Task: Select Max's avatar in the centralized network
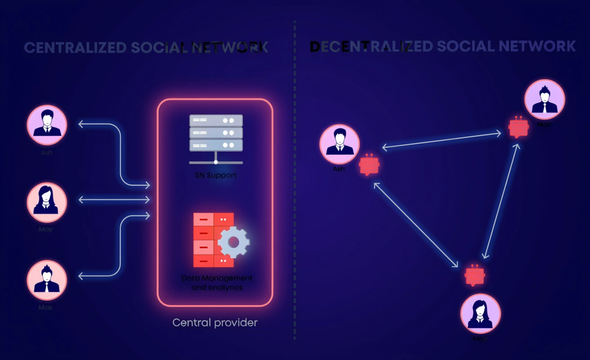tap(47, 280)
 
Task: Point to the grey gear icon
tap(233, 242)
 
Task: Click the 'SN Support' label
tap(216, 175)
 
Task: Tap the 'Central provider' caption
tap(215, 323)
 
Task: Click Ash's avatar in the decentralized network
tap(340, 144)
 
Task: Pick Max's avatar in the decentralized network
tap(545, 99)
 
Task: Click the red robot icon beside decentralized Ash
tap(370, 165)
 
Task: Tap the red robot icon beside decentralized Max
tap(518, 127)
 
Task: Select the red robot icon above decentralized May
tap(474, 274)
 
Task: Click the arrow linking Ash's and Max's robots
tap(442, 140)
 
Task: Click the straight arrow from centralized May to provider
tap(114, 200)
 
